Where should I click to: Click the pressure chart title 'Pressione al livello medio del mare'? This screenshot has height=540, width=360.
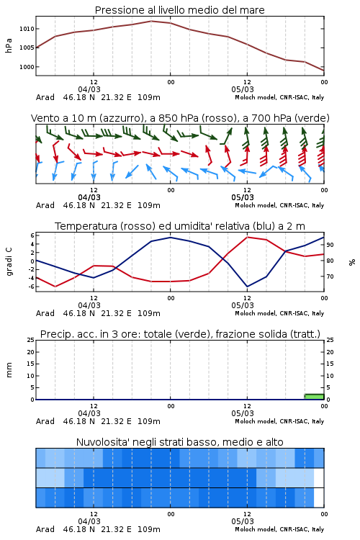[179, 10]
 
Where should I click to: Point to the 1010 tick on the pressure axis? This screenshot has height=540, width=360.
[27, 29]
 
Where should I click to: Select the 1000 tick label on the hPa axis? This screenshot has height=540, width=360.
[27, 67]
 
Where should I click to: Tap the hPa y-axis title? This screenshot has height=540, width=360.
[9, 45]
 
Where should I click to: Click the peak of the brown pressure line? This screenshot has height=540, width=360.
[151, 21]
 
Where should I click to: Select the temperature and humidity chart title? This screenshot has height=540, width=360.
[180, 226]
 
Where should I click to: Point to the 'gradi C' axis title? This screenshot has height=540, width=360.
[9, 261]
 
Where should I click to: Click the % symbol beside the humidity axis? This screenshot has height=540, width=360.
[352, 262]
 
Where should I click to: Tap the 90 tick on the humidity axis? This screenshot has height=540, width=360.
[330, 245]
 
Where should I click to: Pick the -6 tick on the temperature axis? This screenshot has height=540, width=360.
[31, 287]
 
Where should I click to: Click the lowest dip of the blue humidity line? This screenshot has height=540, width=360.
[247, 287]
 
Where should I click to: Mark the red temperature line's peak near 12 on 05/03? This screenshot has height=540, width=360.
[247, 237]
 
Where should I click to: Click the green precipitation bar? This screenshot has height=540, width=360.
[314, 397]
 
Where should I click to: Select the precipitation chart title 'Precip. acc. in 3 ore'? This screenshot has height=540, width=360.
[180, 334]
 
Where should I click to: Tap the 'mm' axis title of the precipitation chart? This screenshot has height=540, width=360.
[9, 370]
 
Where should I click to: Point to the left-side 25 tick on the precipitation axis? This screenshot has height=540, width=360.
[31, 340]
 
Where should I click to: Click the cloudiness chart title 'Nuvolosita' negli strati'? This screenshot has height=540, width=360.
[180, 442]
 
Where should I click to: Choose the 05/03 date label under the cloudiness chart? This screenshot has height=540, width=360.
[243, 521]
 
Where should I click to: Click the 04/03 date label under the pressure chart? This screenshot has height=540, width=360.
[89, 89]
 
